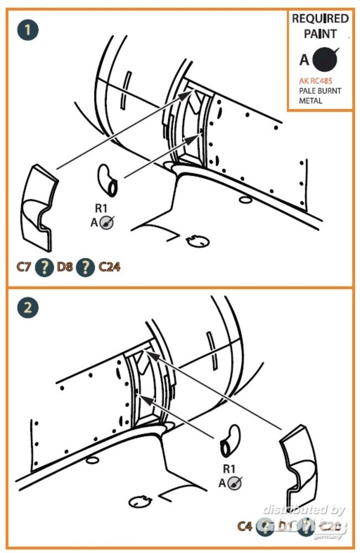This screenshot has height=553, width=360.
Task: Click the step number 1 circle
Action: click(28, 29)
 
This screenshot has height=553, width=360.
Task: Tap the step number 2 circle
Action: click(28, 308)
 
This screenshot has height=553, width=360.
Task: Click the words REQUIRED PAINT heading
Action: click(320, 26)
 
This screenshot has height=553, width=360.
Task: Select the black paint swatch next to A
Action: click(325, 59)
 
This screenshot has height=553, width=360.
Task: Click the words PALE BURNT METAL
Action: click(320, 96)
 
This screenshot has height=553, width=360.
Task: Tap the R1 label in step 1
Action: click(101, 209)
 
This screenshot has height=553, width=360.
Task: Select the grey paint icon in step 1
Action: click(108, 222)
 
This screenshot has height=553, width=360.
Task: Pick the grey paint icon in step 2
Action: click(234, 483)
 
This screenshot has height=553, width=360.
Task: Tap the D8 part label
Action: click(65, 268)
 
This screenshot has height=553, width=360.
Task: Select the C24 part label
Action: click(109, 268)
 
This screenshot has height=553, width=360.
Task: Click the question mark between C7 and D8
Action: click(44, 268)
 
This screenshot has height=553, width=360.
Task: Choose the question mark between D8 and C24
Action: click(85, 268)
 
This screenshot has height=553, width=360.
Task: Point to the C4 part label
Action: click(244, 526)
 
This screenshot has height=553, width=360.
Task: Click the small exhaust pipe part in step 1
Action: click(108, 180)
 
